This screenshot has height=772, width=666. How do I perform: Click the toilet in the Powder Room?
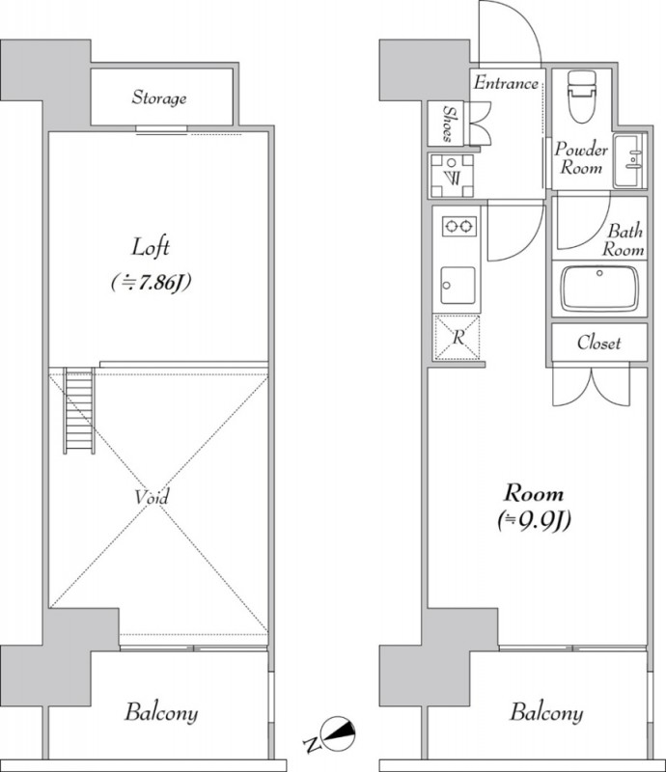582,96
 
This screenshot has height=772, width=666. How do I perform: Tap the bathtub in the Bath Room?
599,289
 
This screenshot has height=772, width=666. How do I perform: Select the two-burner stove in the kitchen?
458,227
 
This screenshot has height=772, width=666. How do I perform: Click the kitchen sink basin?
458,286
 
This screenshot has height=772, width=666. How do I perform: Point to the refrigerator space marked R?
458,337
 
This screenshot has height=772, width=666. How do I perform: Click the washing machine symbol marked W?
452,176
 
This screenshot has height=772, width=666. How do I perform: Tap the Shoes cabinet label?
448,124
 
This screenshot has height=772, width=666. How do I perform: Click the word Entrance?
506,83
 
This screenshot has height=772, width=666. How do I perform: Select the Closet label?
599,343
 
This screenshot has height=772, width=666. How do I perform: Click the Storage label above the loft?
159,97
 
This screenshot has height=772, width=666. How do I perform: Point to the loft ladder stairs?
79,410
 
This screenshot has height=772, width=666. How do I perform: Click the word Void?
152,497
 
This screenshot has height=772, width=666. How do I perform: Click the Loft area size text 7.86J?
151,283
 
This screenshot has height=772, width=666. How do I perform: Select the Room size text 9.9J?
534,520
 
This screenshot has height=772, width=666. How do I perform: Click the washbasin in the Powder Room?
629,160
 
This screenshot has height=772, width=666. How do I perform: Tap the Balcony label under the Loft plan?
161,713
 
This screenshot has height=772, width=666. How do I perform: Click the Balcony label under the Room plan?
546,713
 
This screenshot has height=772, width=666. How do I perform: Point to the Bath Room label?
624,239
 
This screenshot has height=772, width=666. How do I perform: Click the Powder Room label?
581,158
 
